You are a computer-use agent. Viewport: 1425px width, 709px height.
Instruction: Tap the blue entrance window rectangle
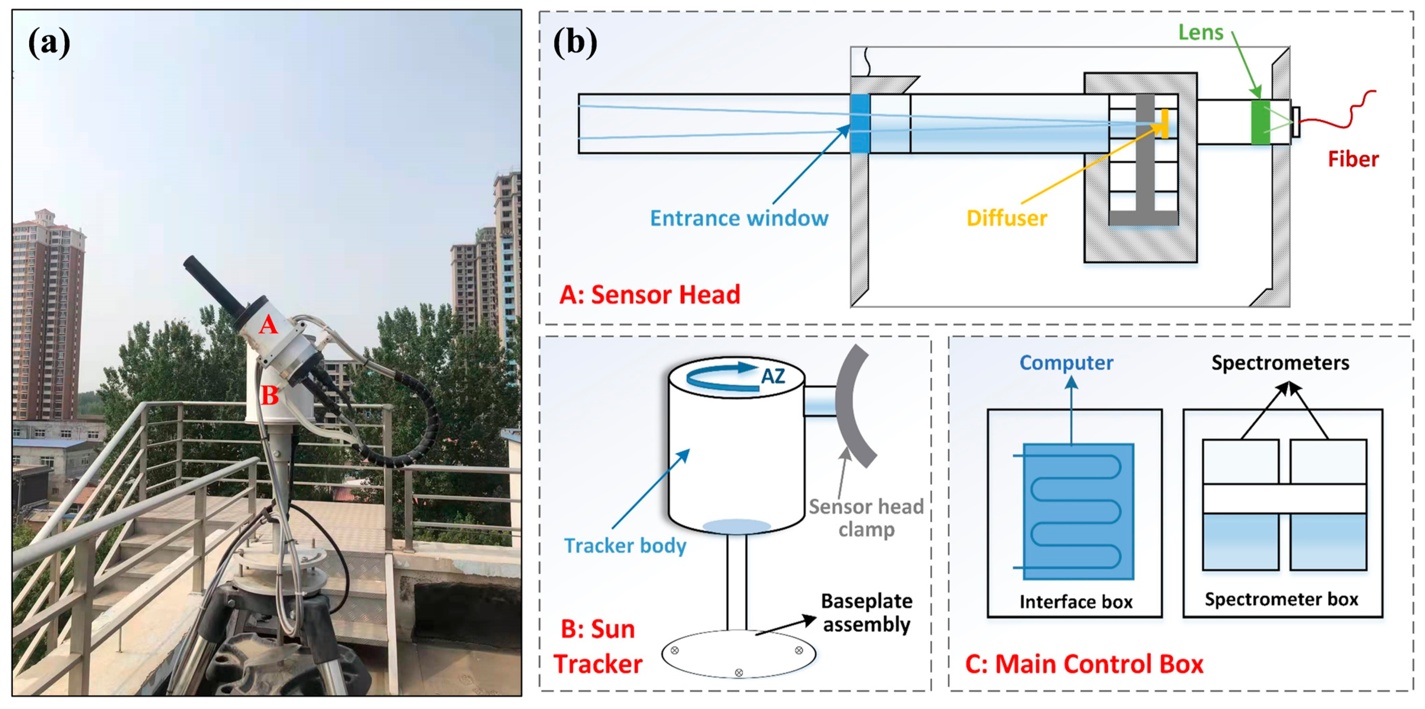tap(860, 124)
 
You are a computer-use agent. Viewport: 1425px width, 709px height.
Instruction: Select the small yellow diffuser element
tap(1164, 124)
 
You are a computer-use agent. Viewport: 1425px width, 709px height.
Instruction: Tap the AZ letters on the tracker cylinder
tap(773, 377)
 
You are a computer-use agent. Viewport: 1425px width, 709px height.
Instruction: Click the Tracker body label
tap(625, 545)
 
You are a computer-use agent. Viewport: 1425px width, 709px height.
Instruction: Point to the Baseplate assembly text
tap(866, 612)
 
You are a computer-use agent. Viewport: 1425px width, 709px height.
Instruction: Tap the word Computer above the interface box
tap(1066, 363)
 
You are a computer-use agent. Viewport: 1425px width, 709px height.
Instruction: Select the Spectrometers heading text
tap(1280, 363)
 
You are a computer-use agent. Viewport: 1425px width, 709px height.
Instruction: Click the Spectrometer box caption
tap(1281, 599)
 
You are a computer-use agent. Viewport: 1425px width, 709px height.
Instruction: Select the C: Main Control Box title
tap(1084, 664)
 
